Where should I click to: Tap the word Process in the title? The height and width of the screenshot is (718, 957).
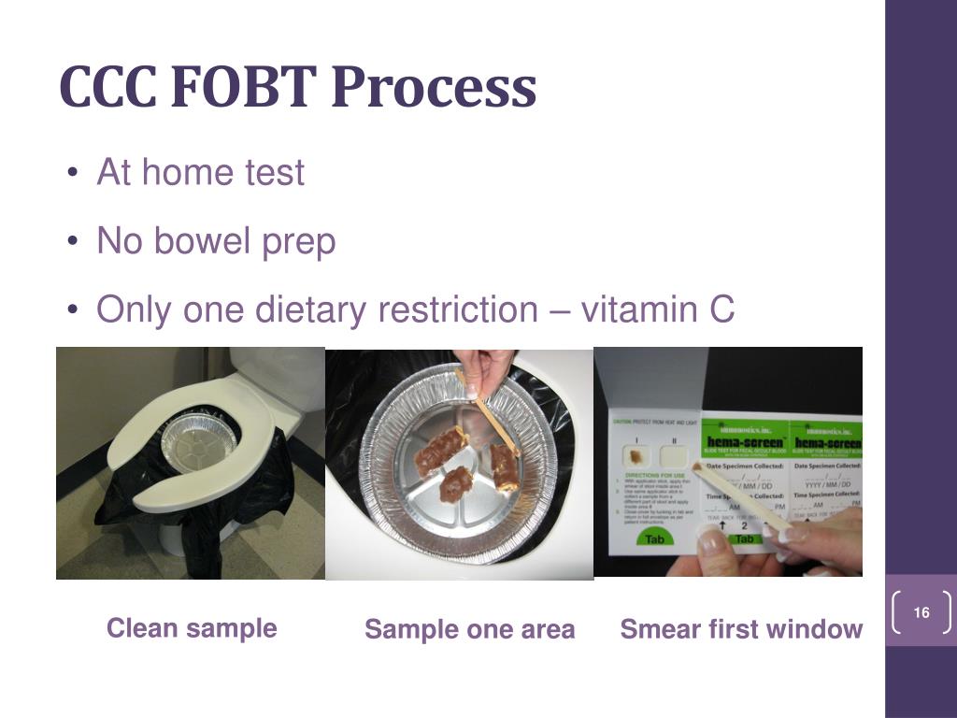coord(434,87)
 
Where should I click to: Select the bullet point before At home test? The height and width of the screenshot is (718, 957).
coord(73,174)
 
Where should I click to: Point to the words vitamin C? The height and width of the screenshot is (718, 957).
coord(658,309)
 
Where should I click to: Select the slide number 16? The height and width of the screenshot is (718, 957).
coord(921,613)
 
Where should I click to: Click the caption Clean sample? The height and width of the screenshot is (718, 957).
coord(192,628)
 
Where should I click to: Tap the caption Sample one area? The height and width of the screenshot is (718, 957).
coord(469,630)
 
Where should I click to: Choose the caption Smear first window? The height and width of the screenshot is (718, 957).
coord(741,630)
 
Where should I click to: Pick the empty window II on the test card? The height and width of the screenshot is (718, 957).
coord(674,457)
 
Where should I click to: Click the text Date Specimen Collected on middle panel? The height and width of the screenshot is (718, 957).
coord(744,466)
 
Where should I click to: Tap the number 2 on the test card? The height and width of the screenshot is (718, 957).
coord(745,524)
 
